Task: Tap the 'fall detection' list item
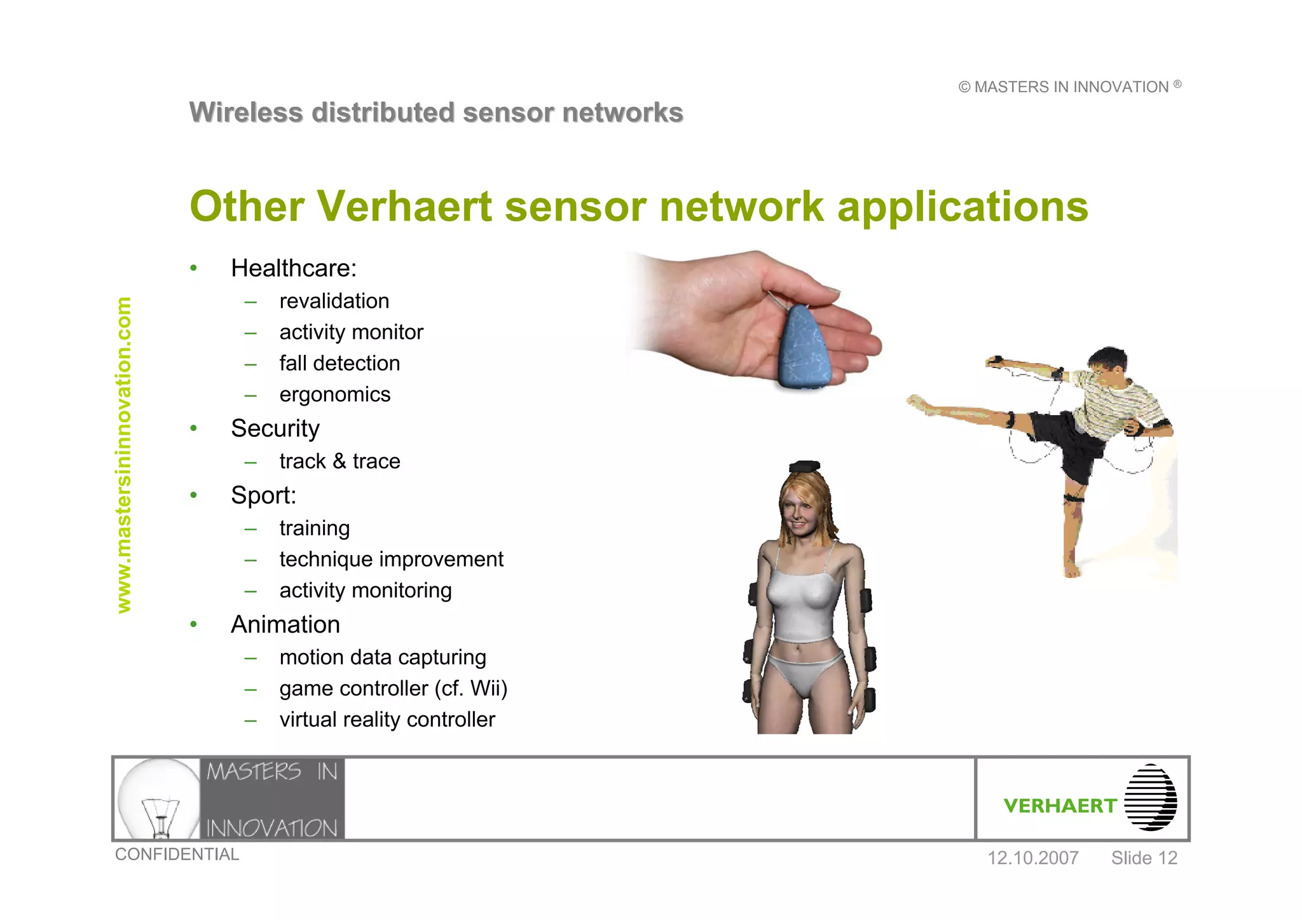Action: (x=339, y=364)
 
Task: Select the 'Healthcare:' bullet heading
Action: (x=294, y=268)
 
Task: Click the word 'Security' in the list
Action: (x=275, y=429)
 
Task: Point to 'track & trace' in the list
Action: (x=339, y=462)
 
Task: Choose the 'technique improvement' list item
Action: (x=391, y=560)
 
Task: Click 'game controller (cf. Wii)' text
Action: (x=393, y=689)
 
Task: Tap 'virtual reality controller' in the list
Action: (x=387, y=720)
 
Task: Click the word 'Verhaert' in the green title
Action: (x=404, y=207)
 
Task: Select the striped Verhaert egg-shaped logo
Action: (x=1150, y=798)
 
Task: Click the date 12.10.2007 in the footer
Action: (x=1032, y=858)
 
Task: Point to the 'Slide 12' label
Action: (x=1144, y=858)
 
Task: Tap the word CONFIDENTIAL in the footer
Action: (x=177, y=855)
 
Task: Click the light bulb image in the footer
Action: (x=158, y=799)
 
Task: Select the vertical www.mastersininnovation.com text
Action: (x=123, y=455)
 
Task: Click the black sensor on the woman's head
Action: (x=804, y=466)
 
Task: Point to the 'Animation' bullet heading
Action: (x=285, y=625)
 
